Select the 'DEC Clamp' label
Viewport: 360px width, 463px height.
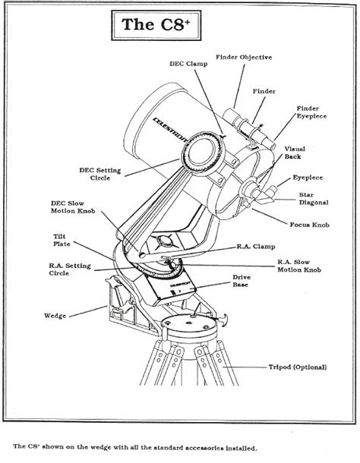pyautogui.click(x=187, y=65)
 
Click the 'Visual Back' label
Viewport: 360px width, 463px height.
pyautogui.click(x=295, y=153)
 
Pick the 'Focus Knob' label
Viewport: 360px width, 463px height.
pyautogui.click(x=308, y=225)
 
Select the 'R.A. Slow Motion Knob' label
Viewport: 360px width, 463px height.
pyautogui.click(x=300, y=266)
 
